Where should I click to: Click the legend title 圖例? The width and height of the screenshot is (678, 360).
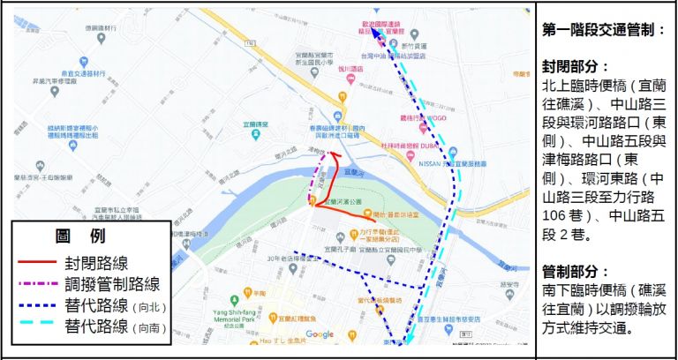point(79,237)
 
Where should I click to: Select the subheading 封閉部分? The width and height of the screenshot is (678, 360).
point(576,67)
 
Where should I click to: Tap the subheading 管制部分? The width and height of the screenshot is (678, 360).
point(576,271)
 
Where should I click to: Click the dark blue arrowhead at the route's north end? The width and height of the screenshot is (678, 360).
point(371,32)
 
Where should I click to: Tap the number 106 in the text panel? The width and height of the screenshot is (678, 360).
point(557,216)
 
